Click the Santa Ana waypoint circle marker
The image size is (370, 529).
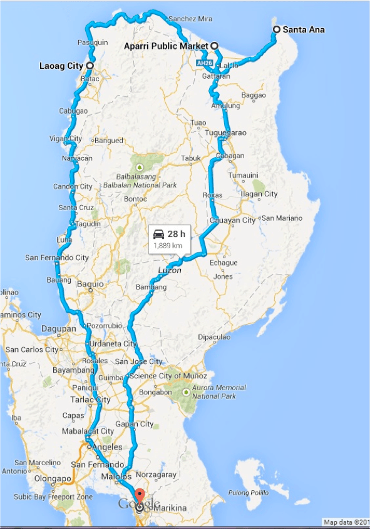pos(276,29)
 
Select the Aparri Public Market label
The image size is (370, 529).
pos(165,46)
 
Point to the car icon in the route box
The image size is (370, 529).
pos(159,234)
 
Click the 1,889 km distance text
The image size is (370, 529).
pos(168,246)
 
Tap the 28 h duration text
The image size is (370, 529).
pos(177,234)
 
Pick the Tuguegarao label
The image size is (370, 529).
pos(225,133)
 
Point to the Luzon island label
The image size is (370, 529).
pos(170,271)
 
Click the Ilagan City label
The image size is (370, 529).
pos(259,194)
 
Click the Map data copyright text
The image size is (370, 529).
pos(346,522)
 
